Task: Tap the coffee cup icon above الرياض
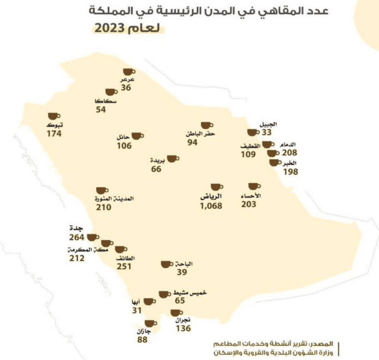[216, 187]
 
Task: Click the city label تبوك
[55, 126]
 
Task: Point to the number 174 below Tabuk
[54, 134]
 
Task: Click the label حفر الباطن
[202, 134]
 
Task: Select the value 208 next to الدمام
[289, 153]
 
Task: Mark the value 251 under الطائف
[125, 267]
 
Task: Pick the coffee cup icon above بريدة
[172, 159]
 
